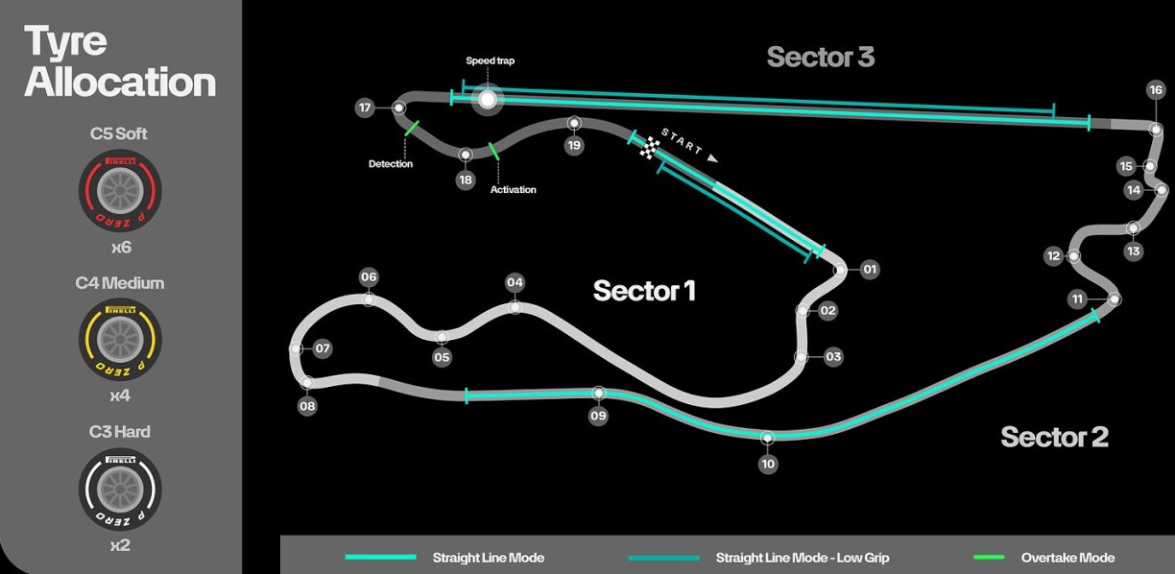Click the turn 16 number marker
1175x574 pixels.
pyautogui.click(x=1156, y=89)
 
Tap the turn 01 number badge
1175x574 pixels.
pyautogui.click(x=869, y=270)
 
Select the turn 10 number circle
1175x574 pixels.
pyautogui.click(x=767, y=464)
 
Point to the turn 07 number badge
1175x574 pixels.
pyautogui.click(x=323, y=348)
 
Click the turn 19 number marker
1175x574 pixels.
pyautogui.click(x=574, y=145)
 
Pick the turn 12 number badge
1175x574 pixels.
pyautogui.click(x=1053, y=256)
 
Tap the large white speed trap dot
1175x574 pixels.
pyautogui.click(x=488, y=99)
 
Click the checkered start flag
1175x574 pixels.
pyautogui.click(x=649, y=148)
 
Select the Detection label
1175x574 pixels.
pyautogui.click(x=391, y=164)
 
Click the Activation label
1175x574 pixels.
pyautogui.click(x=513, y=189)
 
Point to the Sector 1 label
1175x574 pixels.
pyautogui.click(x=644, y=290)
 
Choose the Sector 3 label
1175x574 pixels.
pyautogui.click(x=821, y=57)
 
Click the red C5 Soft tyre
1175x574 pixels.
pyautogui.click(x=120, y=190)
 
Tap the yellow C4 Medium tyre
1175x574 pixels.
pyautogui.click(x=120, y=340)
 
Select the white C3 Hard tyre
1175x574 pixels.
pyautogui.click(x=120, y=489)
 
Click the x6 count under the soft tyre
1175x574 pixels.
pyautogui.click(x=121, y=247)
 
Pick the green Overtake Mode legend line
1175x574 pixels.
pyautogui.click(x=989, y=558)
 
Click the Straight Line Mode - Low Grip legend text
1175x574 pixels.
pyautogui.click(x=802, y=558)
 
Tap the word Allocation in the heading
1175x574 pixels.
pyautogui.click(x=120, y=82)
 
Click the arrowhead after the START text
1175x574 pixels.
pyautogui.click(x=712, y=158)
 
